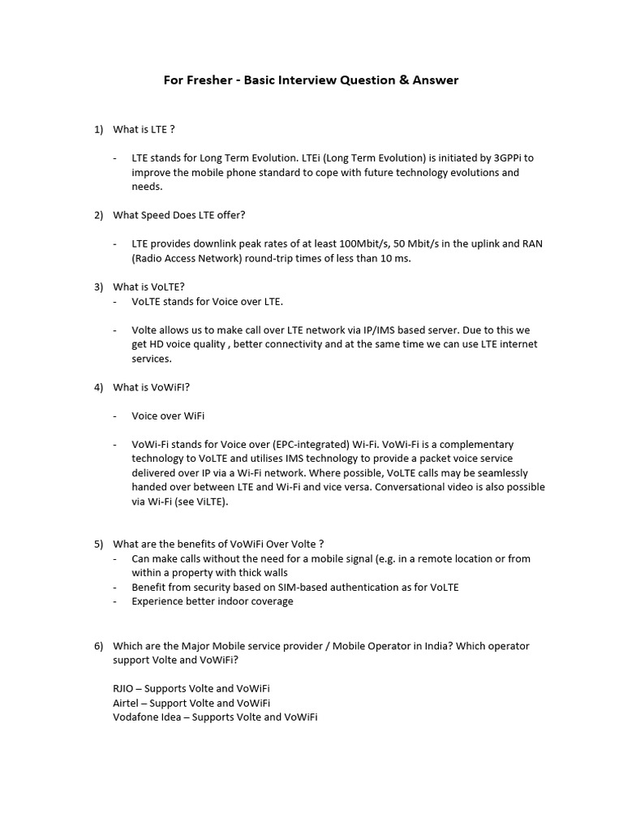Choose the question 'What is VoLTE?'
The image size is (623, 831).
[x=149, y=286]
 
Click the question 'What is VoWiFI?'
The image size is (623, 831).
[x=151, y=387]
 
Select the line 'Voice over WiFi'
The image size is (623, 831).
[x=168, y=415]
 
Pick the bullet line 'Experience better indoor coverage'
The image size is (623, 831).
[x=213, y=601]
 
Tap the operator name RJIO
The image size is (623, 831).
[x=125, y=688]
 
